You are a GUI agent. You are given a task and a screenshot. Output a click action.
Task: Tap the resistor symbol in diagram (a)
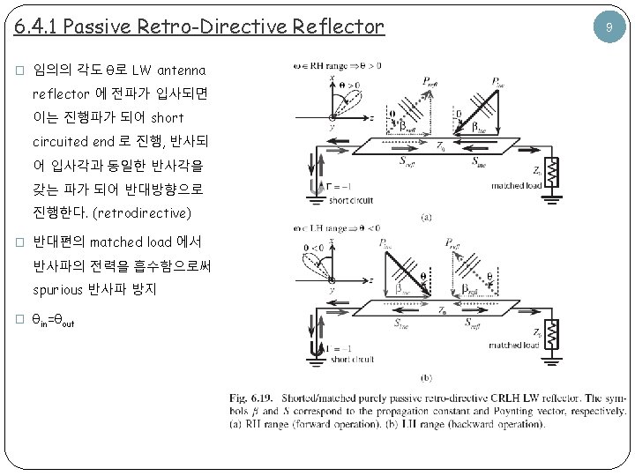(553, 171)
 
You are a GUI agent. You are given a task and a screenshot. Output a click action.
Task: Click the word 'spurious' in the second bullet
(58, 289)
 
